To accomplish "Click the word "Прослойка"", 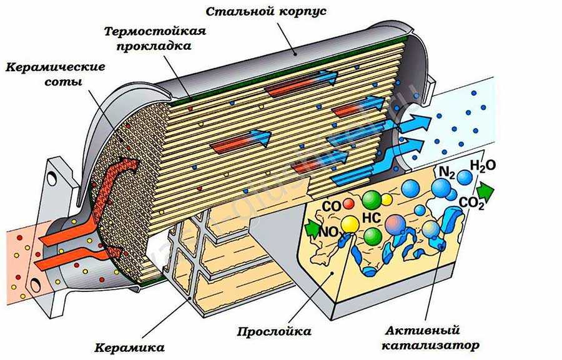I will [x=274, y=331].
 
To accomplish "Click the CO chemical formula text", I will [x=331, y=205].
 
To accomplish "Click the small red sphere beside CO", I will [x=348, y=204].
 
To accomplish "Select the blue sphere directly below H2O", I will [x=465, y=178].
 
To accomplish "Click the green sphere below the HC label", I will [x=372, y=236].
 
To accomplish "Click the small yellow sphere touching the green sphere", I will [x=387, y=200].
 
